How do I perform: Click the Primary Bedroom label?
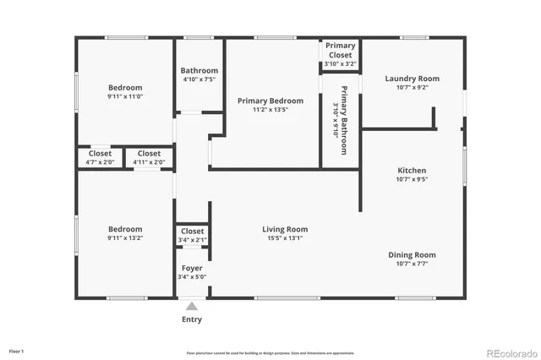[x=270, y=101]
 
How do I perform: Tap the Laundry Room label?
[x=412, y=79]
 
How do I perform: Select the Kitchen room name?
[x=412, y=170]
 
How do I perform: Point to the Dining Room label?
[x=412, y=254]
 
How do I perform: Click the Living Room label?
[x=284, y=229]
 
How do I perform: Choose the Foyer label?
[x=192, y=268]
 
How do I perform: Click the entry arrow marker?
[x=192, y=306]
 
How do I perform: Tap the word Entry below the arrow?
[x=192, y=319]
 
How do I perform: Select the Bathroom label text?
[x=199, y=71]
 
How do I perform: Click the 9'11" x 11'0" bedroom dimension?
[x=125, y=96]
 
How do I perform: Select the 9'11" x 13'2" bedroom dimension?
[x=125, y=238]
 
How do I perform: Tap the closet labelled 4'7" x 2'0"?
[x=100, y=157]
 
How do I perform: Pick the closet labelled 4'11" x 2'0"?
[x=149, y=157]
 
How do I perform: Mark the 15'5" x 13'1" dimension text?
[x=284, y=238]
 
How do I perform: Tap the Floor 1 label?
[x=16, y=351]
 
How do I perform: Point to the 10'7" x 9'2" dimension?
[x=412, y=87]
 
